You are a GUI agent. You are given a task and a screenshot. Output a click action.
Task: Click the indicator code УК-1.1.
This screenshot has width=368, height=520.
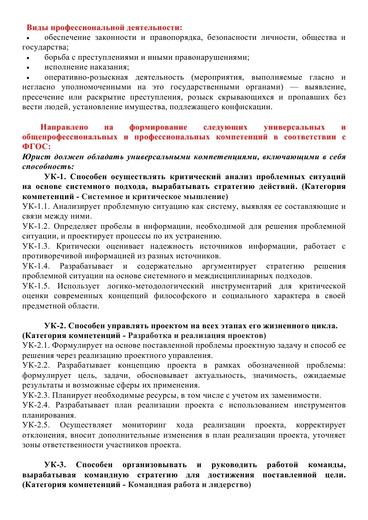(36, 207)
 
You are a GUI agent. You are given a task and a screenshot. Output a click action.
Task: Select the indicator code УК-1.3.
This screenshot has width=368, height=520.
(36, 246)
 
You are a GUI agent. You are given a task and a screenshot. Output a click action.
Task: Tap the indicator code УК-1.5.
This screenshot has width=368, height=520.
(36, 286)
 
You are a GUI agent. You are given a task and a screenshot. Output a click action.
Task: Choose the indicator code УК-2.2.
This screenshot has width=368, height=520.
(36, 366)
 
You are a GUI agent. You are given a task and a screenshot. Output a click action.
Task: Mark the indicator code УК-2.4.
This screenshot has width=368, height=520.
(36, 405)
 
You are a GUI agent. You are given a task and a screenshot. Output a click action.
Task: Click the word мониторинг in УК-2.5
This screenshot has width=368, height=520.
(143, 425)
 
